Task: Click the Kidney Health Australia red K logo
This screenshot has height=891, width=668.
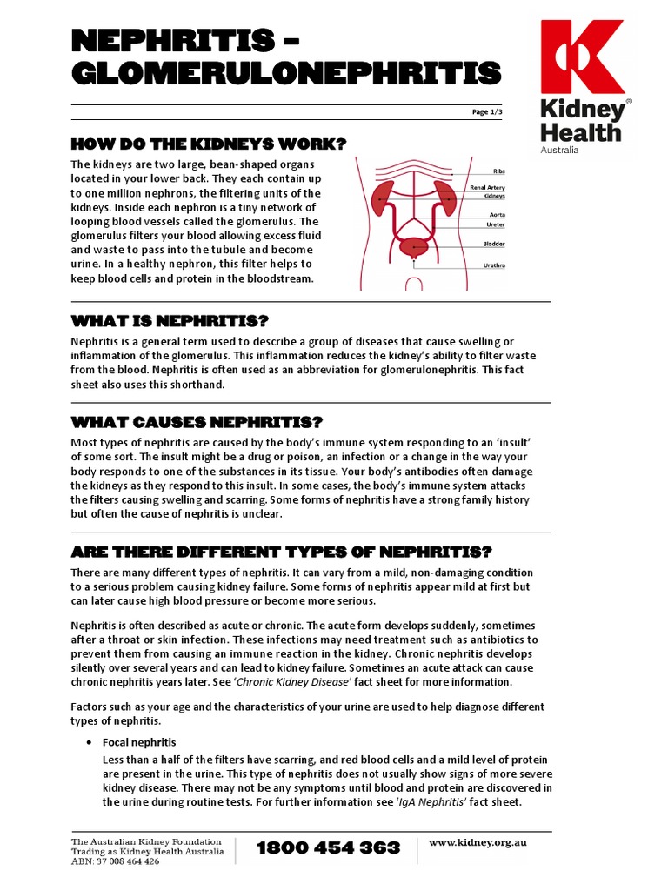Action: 582,58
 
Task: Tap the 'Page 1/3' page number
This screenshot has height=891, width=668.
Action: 487,113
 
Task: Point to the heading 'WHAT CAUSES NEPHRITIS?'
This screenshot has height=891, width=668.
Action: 197,422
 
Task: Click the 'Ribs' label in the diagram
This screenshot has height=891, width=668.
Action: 498,171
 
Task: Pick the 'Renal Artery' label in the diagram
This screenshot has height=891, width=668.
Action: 488,187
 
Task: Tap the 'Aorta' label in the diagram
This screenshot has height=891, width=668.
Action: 497,214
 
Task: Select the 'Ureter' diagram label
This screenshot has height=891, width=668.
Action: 496,224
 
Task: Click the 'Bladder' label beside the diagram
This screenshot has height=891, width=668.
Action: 494,244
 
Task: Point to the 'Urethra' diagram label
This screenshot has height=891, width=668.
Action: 494,265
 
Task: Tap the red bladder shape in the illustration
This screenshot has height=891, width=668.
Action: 414,246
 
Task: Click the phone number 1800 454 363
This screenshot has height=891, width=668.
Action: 329,847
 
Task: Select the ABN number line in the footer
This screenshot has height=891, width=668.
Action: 115,861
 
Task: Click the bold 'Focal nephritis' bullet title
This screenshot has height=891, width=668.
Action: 139,742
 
